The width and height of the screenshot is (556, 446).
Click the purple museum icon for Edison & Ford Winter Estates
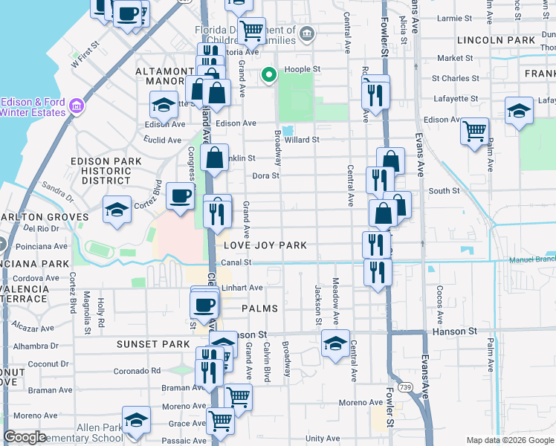click(x=75, y=107)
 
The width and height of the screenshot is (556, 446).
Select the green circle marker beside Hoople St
click(x=269, y=74)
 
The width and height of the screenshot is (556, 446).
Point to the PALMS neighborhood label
click(x=259, y=308)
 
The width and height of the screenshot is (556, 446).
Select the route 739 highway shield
click(x=404, y=387)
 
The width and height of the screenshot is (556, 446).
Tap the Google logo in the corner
click(x=25, y=437)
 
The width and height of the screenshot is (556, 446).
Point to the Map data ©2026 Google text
click(x=510, y=440)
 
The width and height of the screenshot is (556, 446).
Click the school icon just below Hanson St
click(x=335, y=343)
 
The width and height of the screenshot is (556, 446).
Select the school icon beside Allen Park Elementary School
click(x=136, y=420)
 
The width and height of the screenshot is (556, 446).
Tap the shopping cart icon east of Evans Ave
click(x=474, y=132)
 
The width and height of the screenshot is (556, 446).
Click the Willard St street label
click(x=301, y=139)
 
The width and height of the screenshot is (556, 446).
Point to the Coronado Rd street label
click(x=137, y=370)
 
